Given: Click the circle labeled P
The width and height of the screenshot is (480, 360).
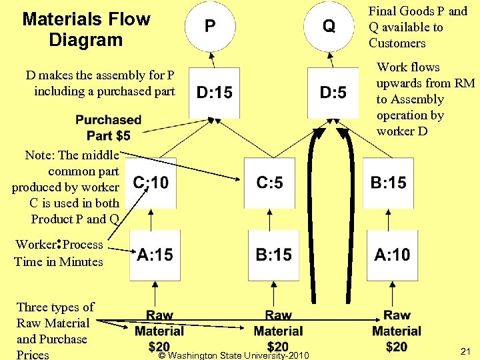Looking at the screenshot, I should pyautogui.click(x=210, y=26).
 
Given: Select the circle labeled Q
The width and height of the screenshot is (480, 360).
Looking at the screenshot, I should pyautogui.click(x=329, y=26).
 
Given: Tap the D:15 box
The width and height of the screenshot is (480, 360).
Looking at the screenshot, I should pyautogui.click(x=215, y=93).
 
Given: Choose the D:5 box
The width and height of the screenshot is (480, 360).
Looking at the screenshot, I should pyautogui.click(x=333, y=93).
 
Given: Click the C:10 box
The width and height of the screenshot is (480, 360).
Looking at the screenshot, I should pyautogui.click(x=151, y=183).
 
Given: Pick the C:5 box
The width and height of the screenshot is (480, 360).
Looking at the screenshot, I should pyautogui.click(x=269, y=183).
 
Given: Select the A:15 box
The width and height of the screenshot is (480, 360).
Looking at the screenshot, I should pyautogui.click(x=155, y=255).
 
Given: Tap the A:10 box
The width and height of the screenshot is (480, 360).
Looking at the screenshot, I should pyautogui.click(x=392, y=255).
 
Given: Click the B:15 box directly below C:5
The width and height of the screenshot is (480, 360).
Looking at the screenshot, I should pyautogui.click(x=273, y=255).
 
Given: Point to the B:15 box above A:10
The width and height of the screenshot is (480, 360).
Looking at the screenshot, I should pyautogui.click(x=388, y=183).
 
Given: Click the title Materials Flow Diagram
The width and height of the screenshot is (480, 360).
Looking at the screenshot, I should pyautogui.click(x=86, y=29).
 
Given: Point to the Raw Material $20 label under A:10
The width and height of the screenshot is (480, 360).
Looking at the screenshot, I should pyautogui.click(x=397, y=331).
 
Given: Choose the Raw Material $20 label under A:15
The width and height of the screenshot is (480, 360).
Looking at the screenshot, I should pyautogui.click(x=159, y=331).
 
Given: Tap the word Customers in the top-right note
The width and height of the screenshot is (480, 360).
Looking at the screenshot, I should pyautogui.click(x=397, y=43).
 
